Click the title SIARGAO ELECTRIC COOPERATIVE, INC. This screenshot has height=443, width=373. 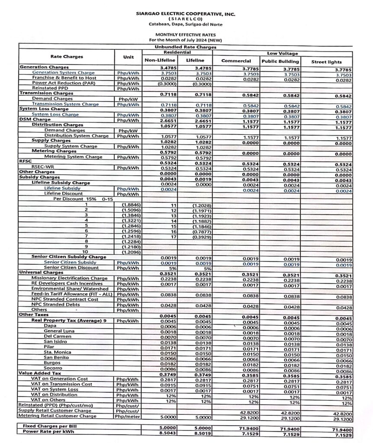[x=186, y=14]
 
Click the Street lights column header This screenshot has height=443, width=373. [x=326, y=61]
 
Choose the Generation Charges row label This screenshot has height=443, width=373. [x=44, y=67]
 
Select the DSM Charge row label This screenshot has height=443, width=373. [x=35, y=119]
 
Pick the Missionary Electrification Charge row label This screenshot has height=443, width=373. [x=70, y=278]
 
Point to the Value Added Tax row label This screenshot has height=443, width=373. [x=39, y=373]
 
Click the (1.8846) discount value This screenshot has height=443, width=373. [x=130, y=204]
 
